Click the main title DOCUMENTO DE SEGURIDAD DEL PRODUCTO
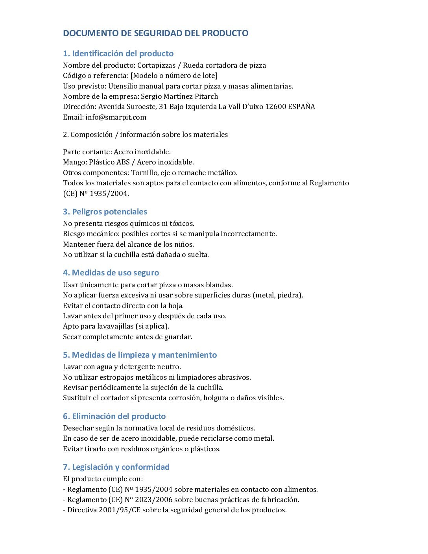tap(155, 33)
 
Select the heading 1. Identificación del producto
tap(118, 54)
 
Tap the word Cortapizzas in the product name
tap(156, 65)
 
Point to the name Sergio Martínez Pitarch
tap(179, 96)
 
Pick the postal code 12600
tap(275, 107)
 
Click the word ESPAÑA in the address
tap(301, 107)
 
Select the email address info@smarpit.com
tap(116, 117)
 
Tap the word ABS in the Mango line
tap(123, 162)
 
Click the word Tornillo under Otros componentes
tap(145, 173)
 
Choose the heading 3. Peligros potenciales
tap(105, 212)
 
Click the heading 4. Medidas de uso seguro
tap(111, 273)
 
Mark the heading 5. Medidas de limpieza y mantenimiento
tap(140, 355)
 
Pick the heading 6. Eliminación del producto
tap(114, 416)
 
